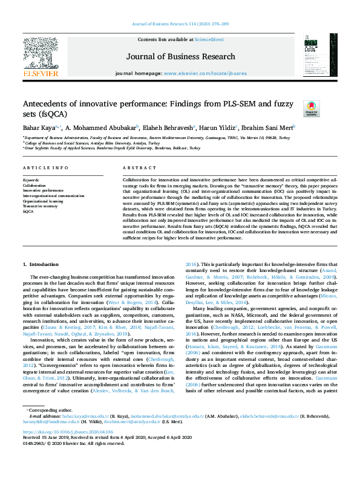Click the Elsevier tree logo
[x=41, y=55]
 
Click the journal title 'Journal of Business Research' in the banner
[x=180, y=57]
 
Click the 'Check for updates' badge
[x=294, y=109]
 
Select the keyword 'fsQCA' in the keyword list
[x=28, y=212]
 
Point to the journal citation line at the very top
[x=180, y=24]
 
